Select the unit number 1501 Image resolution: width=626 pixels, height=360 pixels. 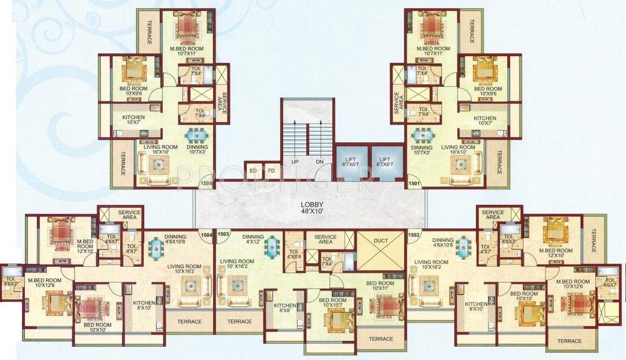click(413, 183)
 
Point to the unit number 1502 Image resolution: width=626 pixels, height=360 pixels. click(413, 235)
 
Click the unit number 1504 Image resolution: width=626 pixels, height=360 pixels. click(207, 235)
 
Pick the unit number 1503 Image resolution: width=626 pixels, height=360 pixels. click(224, 235)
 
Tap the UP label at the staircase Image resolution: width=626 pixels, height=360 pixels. click(295, 162)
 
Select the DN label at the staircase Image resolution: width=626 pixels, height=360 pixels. click(320, 162)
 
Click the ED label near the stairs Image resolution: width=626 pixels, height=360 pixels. click(253, 171)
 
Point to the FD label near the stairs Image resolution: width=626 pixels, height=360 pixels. click(270, 171)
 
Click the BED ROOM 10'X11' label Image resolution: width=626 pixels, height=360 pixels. click(379, 286)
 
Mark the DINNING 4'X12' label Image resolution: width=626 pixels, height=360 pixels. click(253, 239)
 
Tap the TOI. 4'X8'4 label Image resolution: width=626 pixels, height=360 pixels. click(295, 255)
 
